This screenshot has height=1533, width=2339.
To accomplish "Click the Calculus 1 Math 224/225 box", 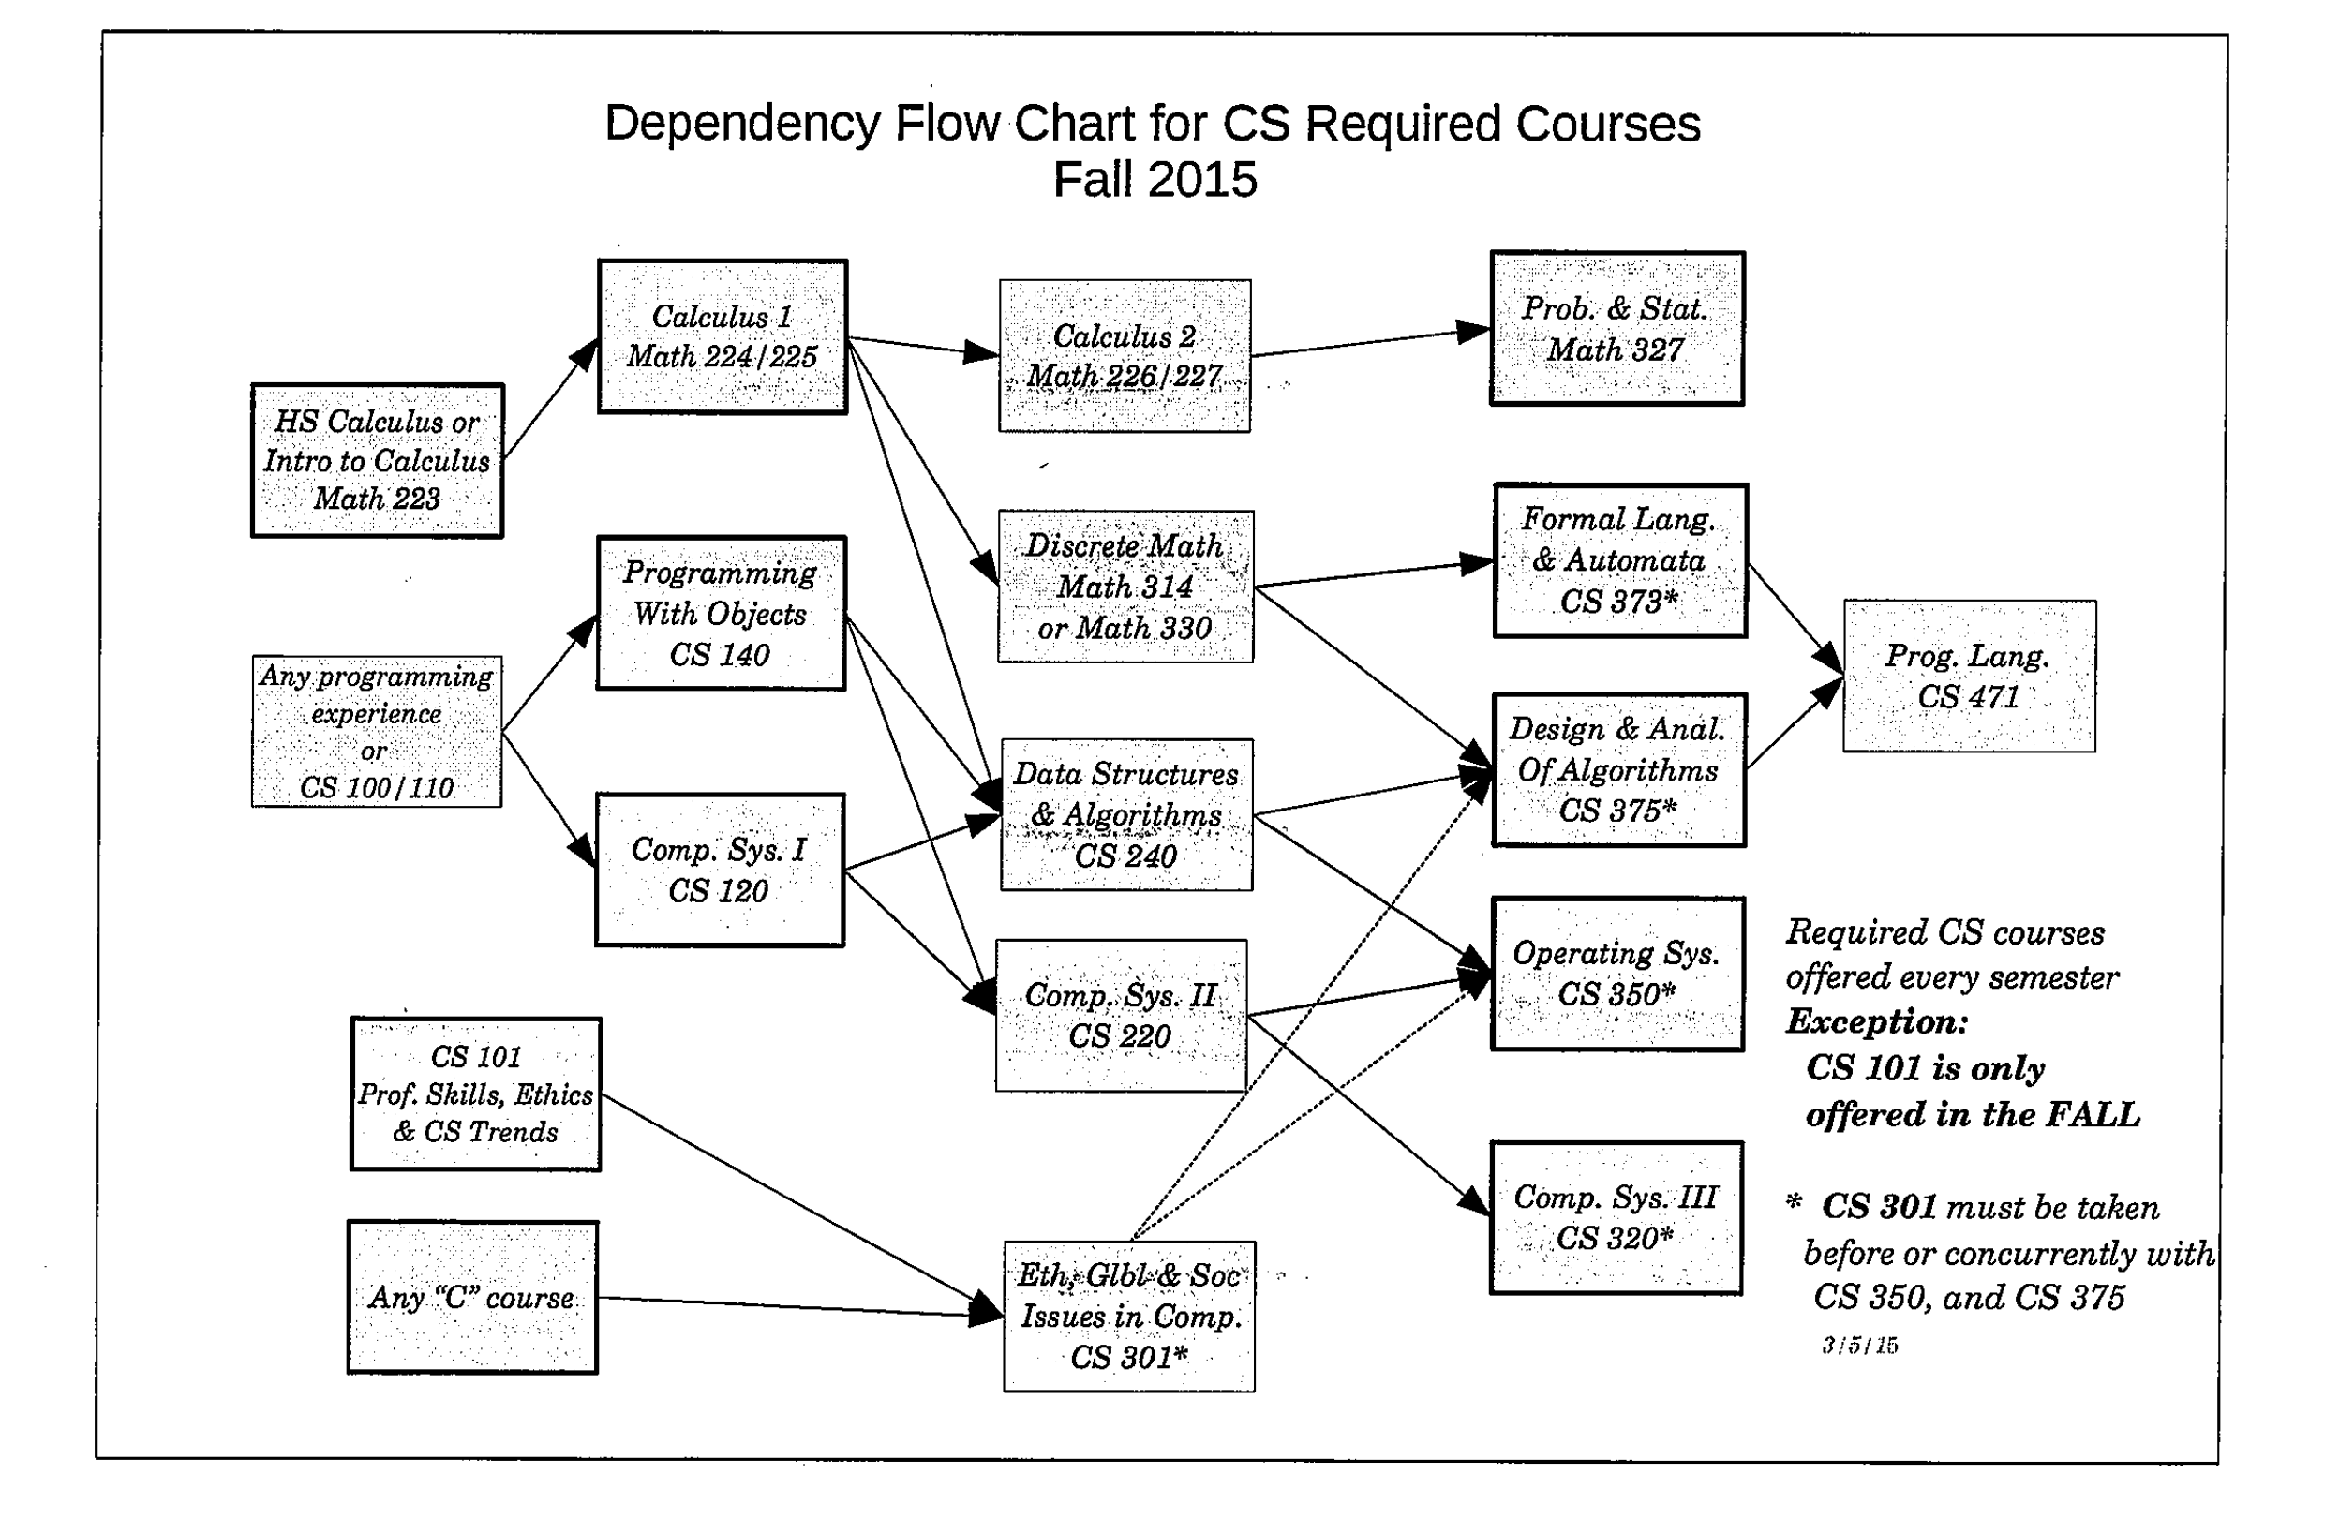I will tap(723, 337).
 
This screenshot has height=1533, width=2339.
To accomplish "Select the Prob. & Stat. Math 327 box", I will tap(1616, 328).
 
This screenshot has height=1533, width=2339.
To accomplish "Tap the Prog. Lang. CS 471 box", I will tap(1969, 677).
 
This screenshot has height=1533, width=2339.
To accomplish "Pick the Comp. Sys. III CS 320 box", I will tap(1616, 1217).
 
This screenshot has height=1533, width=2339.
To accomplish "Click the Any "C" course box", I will tap(472, 1297).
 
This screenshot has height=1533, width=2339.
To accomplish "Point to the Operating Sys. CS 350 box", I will tap(1616, 974).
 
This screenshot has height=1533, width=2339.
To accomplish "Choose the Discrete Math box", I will tap(1125, 587).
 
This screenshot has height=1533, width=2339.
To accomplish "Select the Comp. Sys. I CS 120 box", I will tap(720, 870).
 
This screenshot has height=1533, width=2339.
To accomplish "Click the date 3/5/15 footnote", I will tap(1859, 1346).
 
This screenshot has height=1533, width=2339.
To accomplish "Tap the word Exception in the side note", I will tap(1876, 1022).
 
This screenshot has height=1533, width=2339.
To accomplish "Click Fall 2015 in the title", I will tap(1155, 180).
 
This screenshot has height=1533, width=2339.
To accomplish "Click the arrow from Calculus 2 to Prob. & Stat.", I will tap(1370, 342).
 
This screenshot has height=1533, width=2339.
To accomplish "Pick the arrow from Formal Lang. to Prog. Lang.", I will tap(1795, 618).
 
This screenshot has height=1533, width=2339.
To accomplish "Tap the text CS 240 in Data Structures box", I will tap(1125, 856).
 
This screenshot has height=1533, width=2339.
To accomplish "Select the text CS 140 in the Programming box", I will tap(720, 654).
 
